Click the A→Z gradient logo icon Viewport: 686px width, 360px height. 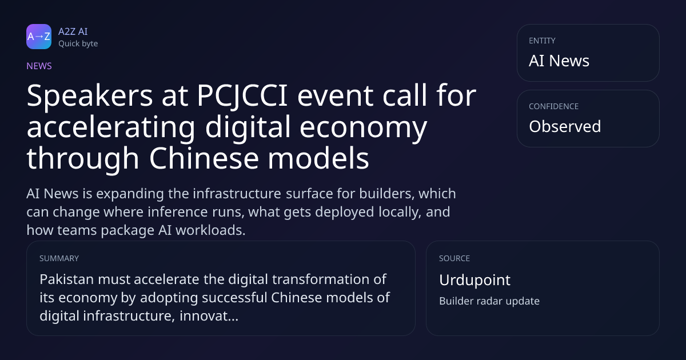(x=39, y=37)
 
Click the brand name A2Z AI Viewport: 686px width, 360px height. (x=73, y=31)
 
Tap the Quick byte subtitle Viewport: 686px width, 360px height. (x=78, y=44)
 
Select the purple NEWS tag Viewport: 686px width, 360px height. (x=39, y=66)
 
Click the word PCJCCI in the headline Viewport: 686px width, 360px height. (x=242, y=96)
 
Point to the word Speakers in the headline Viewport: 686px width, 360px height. (x=89, y=97)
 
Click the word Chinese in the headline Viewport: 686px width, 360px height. (x=204, y=158)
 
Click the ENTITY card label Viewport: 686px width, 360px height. (x=542, y=41)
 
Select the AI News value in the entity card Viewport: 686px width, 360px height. (x=559, y=61)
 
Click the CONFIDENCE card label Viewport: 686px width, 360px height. (x=554, y=106)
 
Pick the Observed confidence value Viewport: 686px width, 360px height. (x=565, y=126)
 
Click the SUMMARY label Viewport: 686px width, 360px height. (x=59, y=258)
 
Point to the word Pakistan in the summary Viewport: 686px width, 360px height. (x=66, y=279)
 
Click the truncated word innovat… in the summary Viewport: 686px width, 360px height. (x=209, y=316)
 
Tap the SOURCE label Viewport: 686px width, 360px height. (x=454, y=258)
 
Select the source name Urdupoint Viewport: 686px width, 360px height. (x=474, y=280)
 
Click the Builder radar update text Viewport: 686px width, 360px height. (x=489, y=301)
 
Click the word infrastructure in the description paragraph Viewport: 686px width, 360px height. (x=237, y=194)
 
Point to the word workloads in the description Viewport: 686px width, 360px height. (x=210, y=230)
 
